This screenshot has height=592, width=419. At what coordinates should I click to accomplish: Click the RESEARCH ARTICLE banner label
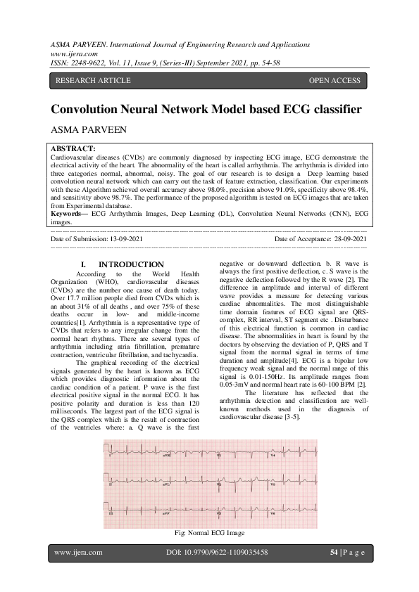(x=93, y=81)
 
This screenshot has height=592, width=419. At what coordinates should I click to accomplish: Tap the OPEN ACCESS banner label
(x=334, y=81)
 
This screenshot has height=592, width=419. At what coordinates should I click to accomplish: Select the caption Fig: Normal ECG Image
(x=209, y=534)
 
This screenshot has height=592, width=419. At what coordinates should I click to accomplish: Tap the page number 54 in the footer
(x=334, y=553)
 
